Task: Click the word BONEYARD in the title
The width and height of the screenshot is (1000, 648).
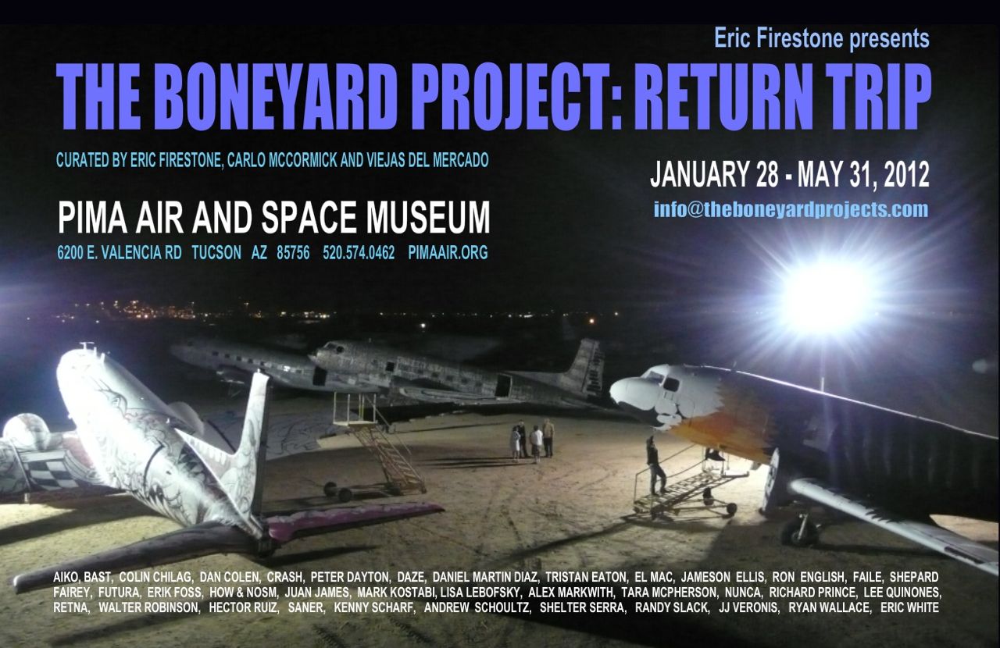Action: point(277,97)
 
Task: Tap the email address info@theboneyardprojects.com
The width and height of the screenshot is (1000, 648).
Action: point(791,209)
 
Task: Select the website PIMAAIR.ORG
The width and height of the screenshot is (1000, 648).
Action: point(448,253)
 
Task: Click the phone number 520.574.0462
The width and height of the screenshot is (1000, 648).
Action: point(359,253)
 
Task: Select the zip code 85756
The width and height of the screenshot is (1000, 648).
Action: point(293,253)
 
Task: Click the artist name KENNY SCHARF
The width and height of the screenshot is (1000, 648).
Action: point(374,607)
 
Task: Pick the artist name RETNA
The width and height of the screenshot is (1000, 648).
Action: point(71,607)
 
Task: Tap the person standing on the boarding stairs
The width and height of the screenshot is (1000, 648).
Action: point(655,465)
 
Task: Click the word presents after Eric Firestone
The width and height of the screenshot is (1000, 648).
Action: point(889,38)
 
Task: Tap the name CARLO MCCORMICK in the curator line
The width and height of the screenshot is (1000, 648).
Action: point(282,160)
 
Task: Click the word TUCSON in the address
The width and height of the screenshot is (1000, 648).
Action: point(216,253)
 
